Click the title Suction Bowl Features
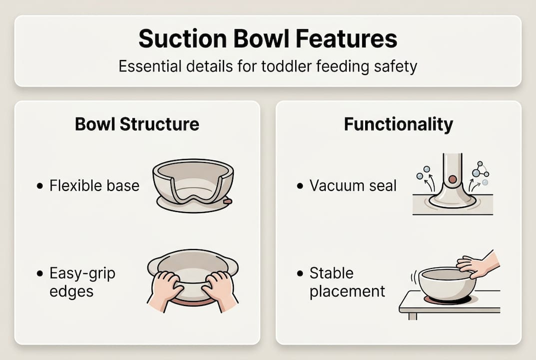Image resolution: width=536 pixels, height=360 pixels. (x=268, y=39)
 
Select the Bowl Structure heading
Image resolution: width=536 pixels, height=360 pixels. (x=137, y=124)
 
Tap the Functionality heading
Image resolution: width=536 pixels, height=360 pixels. (x=398, y=124)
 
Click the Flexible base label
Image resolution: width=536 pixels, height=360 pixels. (x=94, y=186)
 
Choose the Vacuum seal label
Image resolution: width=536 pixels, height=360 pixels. (x=353, y=186)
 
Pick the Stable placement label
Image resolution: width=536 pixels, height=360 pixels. (x=347, y=282)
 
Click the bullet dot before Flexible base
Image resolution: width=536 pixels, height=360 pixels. (x=40, y=187)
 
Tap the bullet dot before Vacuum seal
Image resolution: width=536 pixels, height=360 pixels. (x=300, y=186)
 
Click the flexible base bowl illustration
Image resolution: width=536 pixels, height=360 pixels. (x=193, y=182)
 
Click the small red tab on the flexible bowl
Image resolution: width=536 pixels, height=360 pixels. (x=228, y=201)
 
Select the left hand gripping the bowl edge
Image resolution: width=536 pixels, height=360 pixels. (x=165, y=288)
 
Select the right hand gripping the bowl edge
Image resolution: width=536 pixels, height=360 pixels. (x=220, y=288)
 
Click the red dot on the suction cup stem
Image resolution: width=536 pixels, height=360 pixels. (x=452, y=178)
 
